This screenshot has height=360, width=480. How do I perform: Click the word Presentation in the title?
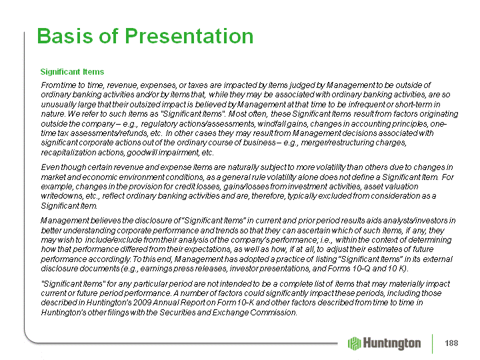click(x=189, y=36)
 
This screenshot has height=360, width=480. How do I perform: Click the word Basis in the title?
click(x=65, y=36)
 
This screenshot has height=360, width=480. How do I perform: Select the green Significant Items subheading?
click(x=72, y=71)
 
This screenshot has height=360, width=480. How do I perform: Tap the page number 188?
click(x=451, y=343)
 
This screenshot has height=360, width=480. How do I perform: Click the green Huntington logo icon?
click(x=355, y=343)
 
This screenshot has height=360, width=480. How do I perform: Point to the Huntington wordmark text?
click(x=392, y=343)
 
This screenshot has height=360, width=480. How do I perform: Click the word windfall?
click(x=270, y=124)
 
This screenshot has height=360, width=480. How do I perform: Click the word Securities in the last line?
click(x=177, y=312)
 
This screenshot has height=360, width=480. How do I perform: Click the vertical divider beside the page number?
click(x=433, y=343)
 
